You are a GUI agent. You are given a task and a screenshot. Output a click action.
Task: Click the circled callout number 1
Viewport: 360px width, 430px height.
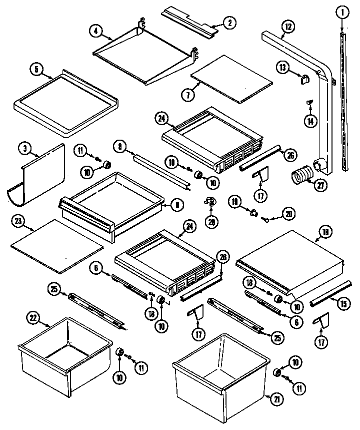pyautogui.click(x=341, y=12)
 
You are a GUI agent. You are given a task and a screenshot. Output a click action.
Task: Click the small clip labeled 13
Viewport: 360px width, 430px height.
pyautogui.click(x=303, y=78)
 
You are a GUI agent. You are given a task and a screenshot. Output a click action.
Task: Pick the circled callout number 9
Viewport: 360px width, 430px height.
pyautogui.click(x=177, y=204)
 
